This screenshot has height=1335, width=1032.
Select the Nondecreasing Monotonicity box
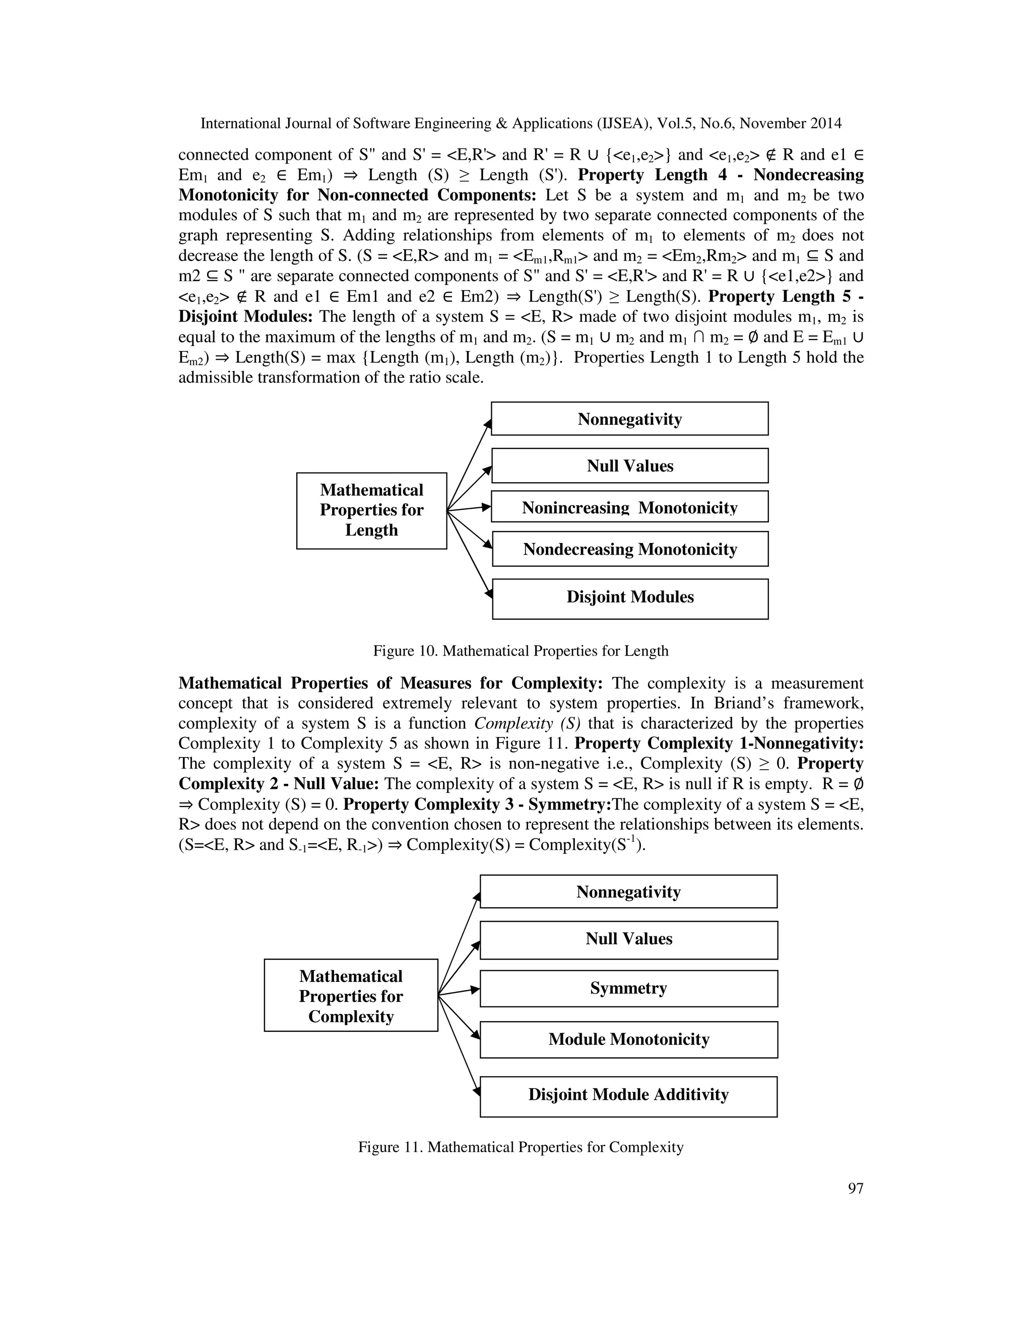coord(630,549)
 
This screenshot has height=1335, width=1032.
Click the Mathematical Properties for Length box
coord(372,510)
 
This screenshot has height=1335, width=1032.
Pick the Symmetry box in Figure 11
coord(628,988)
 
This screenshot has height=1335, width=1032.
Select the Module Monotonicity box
coord(628,1039)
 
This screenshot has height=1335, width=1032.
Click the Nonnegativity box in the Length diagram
coord(630,419)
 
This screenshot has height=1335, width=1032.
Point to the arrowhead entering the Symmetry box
coord(475,989)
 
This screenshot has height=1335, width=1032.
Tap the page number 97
coord(855,1188)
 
